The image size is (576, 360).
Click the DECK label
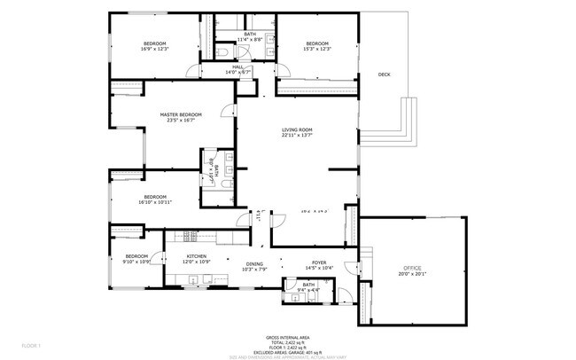click(x=384, y=74)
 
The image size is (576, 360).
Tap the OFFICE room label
click(x=412, y=268)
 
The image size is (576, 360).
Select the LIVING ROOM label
click(x=297, y=130)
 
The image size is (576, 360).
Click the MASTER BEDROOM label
click(x=181, y=114)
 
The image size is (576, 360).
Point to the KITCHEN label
click(x=196, y=255)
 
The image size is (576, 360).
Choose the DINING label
click(x=254, y=263)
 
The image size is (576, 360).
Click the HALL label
click(x=238, y=67)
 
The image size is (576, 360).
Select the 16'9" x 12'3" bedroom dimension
click(x=156, y=49)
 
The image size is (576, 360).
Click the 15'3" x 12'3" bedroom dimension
click(x=316, y=49)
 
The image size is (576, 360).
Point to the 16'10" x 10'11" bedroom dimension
click(x=155, y=202)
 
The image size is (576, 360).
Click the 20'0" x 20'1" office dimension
click(x=412, y=274)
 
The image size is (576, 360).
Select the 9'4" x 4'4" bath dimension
click(x=308, y=290)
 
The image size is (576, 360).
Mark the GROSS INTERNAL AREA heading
click(x=288, y=338)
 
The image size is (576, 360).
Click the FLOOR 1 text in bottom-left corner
click(x=31, y=344)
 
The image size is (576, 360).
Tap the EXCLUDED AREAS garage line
click(x=288, y=351)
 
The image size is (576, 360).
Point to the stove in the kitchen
click(x=188, y=236)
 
